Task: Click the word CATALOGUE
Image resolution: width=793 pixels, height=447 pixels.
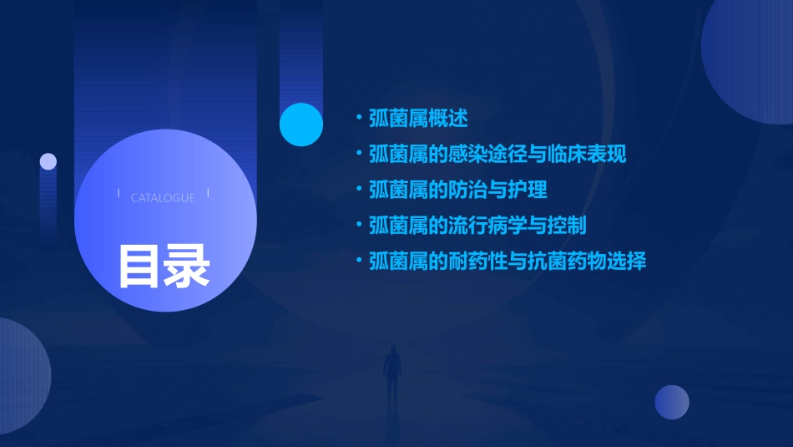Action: click(163, 198)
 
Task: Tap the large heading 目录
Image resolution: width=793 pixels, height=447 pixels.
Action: click(164, 266)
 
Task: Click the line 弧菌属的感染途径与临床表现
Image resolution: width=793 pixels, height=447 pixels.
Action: click(497, 155)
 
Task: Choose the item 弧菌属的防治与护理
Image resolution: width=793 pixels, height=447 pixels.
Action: click(457, 190)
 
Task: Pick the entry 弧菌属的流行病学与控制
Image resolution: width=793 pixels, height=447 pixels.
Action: click(477, 226)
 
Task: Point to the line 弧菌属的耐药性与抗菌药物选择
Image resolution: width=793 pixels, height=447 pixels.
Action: click(507, 262)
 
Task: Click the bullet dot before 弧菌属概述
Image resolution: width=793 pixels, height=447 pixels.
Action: click(359, 119)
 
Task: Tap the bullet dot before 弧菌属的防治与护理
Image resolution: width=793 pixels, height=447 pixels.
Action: click(359, 190)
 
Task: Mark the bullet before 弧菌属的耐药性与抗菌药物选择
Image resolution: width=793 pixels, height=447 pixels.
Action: click(359, 262)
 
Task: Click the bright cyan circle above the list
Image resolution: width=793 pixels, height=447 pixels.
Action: click(301, 124)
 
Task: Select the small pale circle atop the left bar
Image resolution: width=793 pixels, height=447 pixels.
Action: click(48, 161)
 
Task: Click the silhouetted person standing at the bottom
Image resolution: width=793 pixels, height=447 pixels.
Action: click(391, 372)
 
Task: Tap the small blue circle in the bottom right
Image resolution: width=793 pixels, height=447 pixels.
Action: click(672, 402)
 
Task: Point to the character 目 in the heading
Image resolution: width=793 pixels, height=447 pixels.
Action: click(139, 266)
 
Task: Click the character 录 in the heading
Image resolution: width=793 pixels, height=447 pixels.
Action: click(187, 266)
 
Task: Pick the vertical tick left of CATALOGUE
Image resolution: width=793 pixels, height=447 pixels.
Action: click(119, 193)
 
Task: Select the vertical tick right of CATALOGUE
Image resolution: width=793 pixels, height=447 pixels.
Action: click(208, 193)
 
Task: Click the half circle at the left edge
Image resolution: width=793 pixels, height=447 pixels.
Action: click(21, 376)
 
